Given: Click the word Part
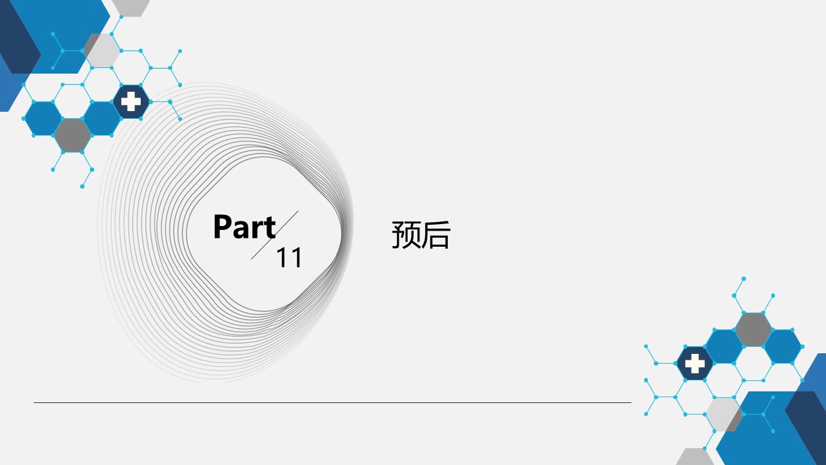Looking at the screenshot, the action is point(245,227).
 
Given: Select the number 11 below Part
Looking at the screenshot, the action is point(289,257).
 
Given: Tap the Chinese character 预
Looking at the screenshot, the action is point(406,234).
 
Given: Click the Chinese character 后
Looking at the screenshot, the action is point(436,234).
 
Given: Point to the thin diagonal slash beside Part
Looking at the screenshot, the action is point(275,235).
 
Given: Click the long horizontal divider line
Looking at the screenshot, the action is point(332,402).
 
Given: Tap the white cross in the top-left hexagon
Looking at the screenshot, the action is point(131,101).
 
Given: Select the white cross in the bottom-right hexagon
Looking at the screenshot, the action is point(695,364).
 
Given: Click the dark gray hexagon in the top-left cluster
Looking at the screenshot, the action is point(73,135).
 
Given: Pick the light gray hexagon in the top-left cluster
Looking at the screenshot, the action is point(102,50).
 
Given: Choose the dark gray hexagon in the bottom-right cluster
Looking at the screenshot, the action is point(753,329).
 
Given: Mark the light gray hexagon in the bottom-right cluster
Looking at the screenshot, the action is point(723,414).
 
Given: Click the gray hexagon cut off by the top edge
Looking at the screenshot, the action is point(131,8).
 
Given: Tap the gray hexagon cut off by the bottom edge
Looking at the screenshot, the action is point(695,457).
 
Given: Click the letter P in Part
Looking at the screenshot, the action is point(223,227).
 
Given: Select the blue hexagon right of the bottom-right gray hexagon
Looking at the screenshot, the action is point(783,347).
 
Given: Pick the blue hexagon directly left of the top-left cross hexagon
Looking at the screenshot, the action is point(102,118).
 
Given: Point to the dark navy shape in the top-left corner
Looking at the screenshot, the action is point(19,37).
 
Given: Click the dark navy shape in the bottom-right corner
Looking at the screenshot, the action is point(806,428).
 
